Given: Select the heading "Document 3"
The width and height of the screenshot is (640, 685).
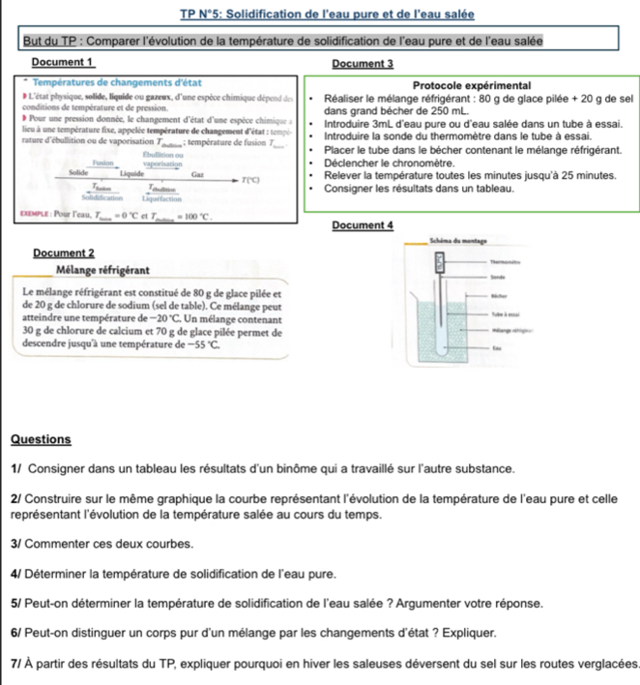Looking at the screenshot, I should [x=363, y=63].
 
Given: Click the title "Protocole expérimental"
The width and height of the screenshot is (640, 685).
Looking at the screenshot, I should [x=474, y=83].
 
